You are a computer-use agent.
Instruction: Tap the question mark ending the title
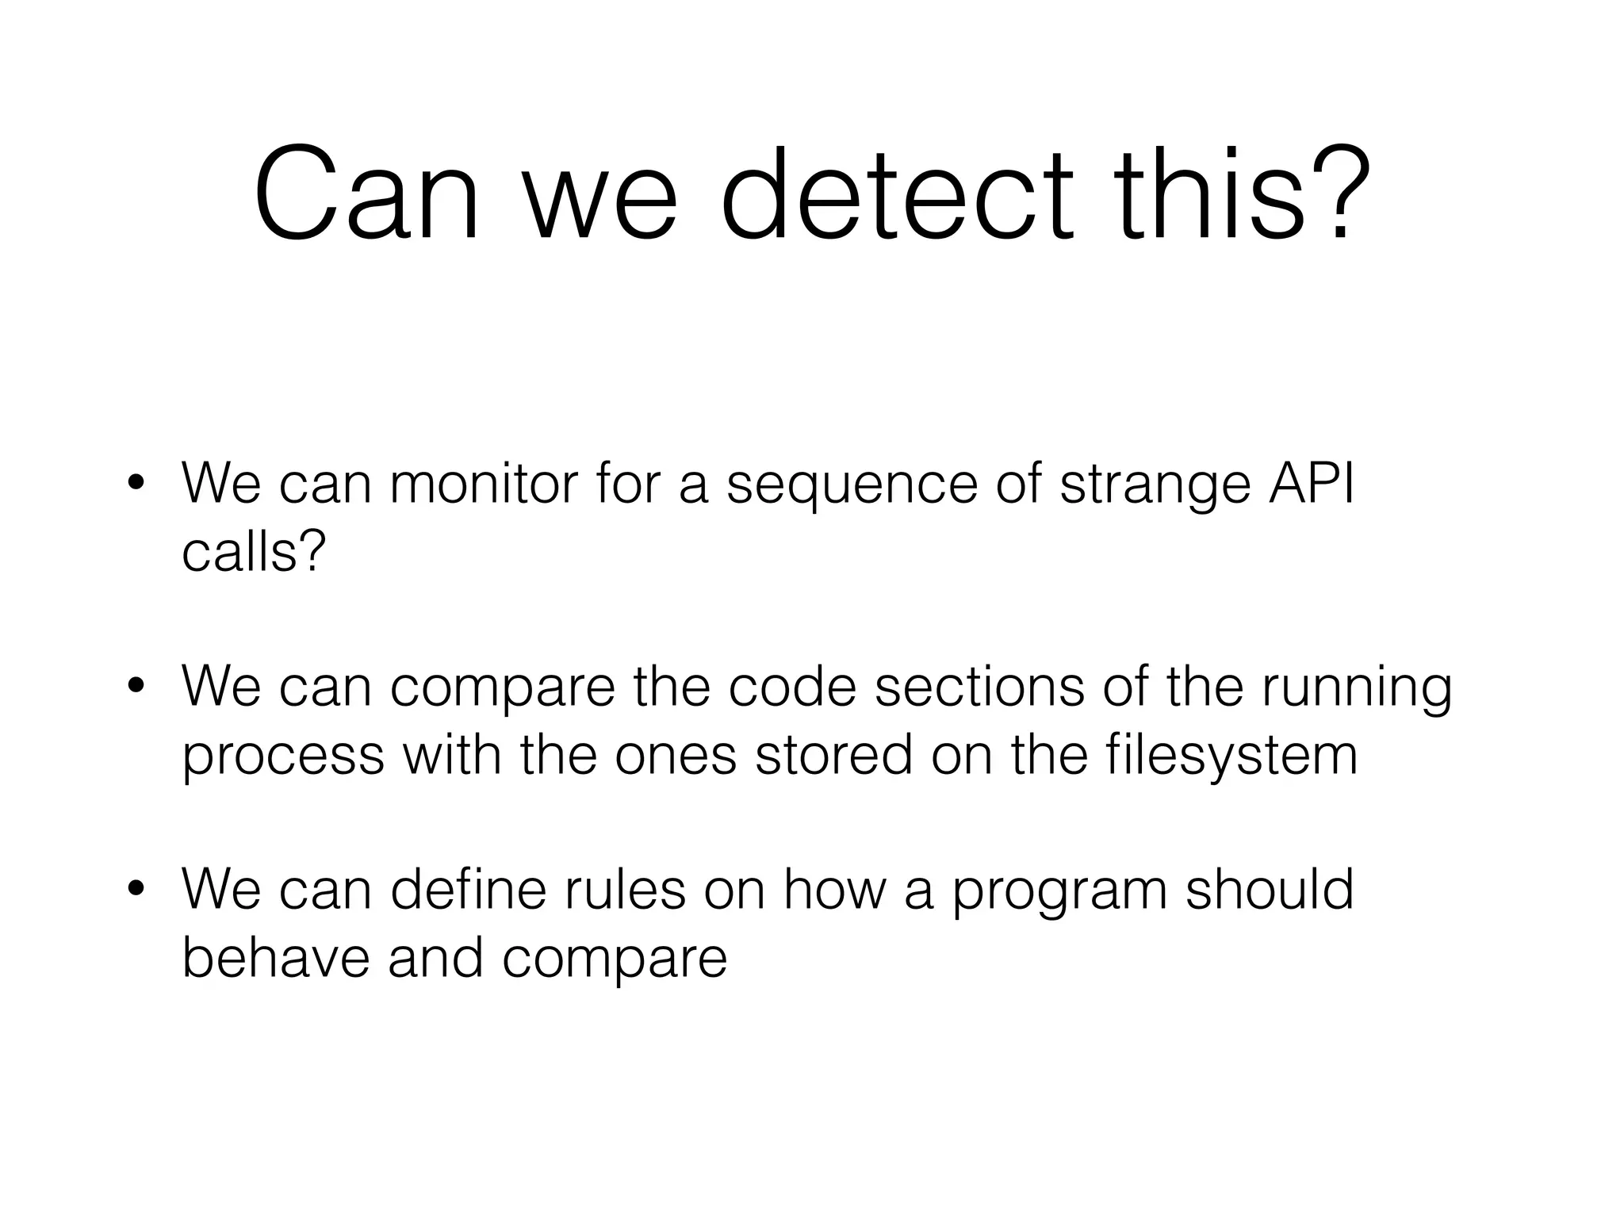[1342, 194]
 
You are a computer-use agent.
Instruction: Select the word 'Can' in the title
[366, 194]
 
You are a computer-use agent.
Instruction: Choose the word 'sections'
[979, 687]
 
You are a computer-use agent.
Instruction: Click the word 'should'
[1270, 890]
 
